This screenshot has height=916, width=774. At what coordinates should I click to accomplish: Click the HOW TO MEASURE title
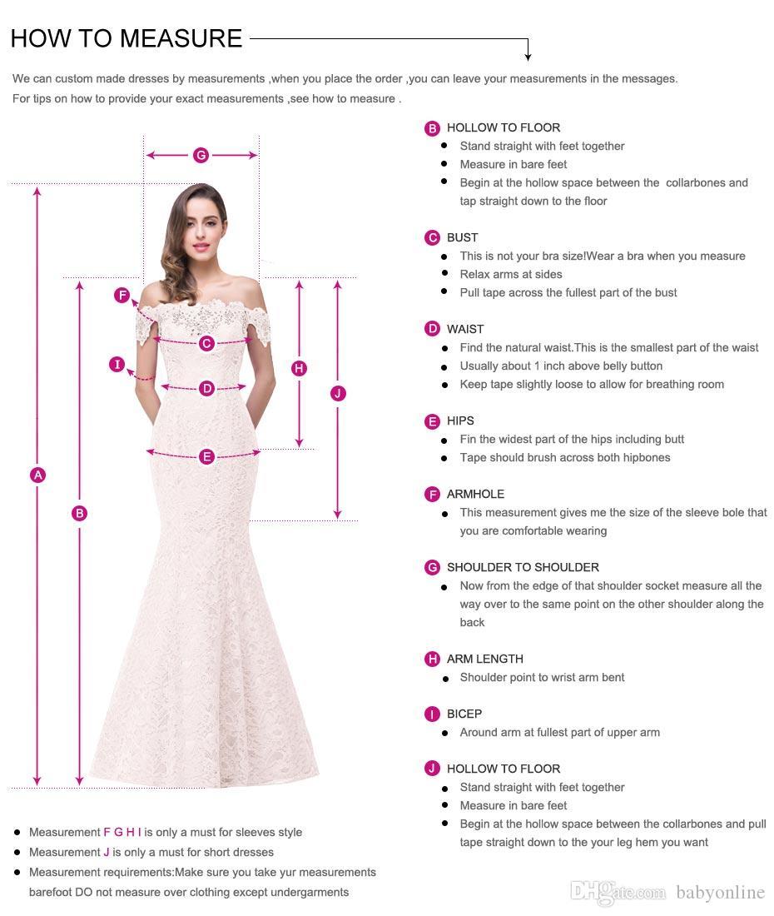(127, 38)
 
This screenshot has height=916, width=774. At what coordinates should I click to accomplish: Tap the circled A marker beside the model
(37, 475)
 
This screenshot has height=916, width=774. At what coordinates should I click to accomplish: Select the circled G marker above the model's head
(201, 155)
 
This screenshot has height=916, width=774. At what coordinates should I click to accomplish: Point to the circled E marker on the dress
(206, 456)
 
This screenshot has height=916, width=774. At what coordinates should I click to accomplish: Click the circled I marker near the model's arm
(117, 364)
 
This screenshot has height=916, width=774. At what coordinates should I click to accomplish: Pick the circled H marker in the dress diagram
(300, 368)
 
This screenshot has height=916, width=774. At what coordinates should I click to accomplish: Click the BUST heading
(462, 237)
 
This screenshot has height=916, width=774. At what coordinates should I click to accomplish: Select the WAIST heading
(464, 329)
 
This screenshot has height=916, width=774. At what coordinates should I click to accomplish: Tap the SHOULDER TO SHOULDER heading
(523, 567)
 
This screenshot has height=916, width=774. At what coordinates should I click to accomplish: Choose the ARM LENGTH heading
(484, 659)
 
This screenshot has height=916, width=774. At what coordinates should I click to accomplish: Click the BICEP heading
(464, 714)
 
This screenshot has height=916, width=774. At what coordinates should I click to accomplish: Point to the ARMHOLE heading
(475, 494)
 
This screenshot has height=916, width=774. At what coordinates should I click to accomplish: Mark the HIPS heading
(460, 421)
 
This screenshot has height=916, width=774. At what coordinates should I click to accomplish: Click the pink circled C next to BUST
(432, 238)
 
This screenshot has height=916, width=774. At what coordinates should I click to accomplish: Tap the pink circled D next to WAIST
(432, 330)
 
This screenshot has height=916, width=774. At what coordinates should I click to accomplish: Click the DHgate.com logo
(618, 892)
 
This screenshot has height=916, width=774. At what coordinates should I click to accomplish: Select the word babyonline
(720, 893)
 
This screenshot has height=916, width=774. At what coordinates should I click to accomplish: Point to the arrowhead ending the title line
(528, 57)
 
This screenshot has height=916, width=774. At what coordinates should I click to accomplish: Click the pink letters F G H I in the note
(122, 832)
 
